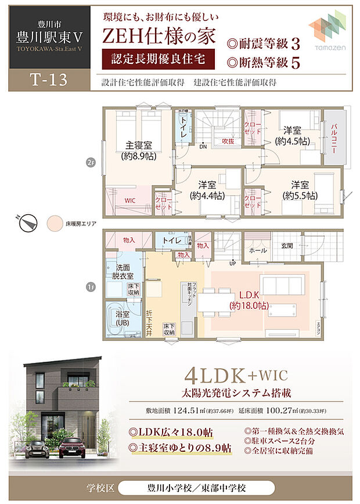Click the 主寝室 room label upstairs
coord(138,150)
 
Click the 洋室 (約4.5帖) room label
coord(292,136)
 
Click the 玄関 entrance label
coord(287,246)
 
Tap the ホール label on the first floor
coord(257,250)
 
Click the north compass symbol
coord(28,222)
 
